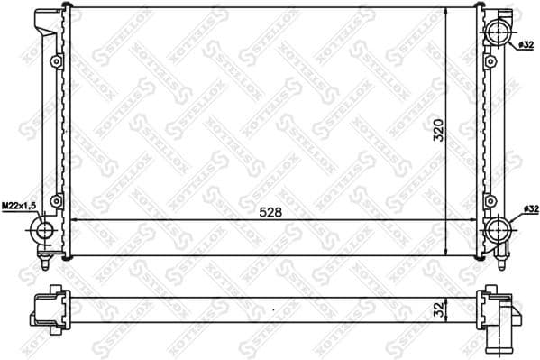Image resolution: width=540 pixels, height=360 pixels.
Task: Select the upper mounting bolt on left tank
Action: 56,61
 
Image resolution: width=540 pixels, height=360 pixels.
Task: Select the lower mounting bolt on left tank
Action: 56,200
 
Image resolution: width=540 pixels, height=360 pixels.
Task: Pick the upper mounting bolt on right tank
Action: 490,61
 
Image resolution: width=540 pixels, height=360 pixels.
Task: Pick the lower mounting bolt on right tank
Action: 490,200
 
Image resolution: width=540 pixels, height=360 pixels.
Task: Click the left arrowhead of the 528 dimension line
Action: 74,221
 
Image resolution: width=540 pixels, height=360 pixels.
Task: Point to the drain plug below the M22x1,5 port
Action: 43,263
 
